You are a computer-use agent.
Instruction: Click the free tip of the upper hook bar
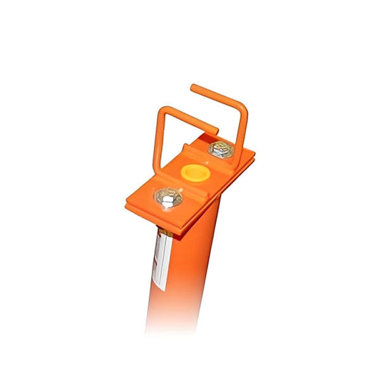coord(192,88)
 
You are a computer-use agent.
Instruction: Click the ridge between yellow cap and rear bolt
coord(207,161)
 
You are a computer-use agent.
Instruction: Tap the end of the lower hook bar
coord(216,133)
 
